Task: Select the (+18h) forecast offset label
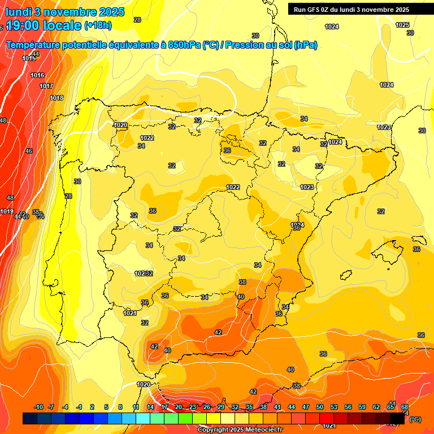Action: click(x=98, y=25)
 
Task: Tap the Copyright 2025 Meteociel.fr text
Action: click(x=240, y=430)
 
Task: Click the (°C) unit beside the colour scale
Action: click(x=415, y=419)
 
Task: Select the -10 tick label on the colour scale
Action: click(x=38, y=407)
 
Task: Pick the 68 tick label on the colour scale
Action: click(x=405, y=407)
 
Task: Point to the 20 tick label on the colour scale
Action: click(x=179, y=407)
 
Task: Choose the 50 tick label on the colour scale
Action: click(x=320, y=407)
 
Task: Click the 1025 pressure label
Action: click(x=402, y=25)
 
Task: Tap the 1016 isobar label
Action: click(x=37, y=75)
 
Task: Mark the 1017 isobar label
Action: click(x=46, y=86)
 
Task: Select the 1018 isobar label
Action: click(x=57, y=98)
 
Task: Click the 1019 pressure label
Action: click(x=7, y=211)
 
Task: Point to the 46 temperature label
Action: click(x=29, y=151)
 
